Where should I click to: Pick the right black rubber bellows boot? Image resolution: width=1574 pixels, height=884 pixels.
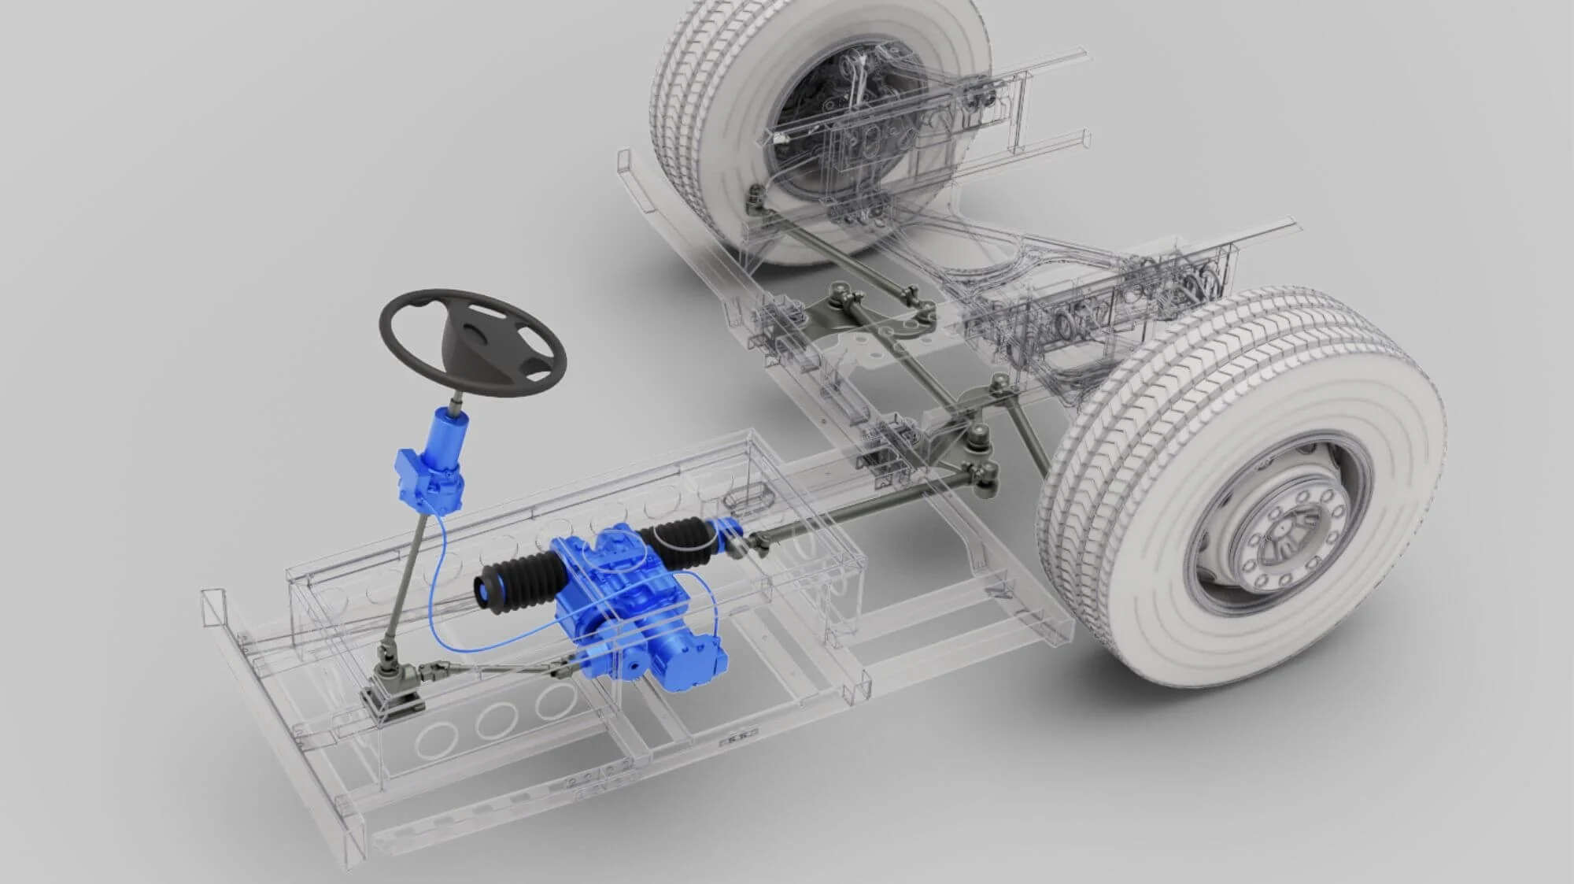pos(682,543)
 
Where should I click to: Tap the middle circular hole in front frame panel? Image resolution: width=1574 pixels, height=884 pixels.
pos(498,719)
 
